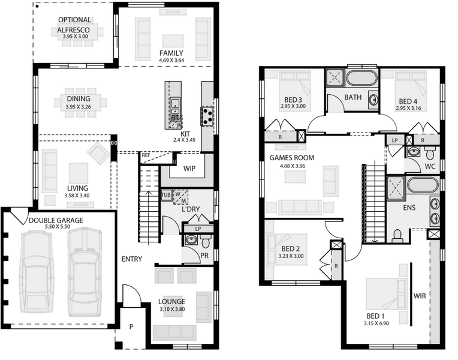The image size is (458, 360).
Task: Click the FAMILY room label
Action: (x=171, y=53)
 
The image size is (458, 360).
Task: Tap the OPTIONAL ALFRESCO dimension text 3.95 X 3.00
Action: (x=76, y=37)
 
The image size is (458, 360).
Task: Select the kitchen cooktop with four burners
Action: (x=207, y=116)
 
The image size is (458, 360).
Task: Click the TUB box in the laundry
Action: (x=166, y=195)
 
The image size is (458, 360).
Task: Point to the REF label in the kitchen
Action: (x=146, y=155)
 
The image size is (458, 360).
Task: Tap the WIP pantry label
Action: (x=189, y=169)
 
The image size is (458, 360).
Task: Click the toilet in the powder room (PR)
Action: (x=206, y=241)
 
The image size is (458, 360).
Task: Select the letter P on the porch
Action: (x=131, y=326)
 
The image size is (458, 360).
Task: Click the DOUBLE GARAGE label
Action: (x=56, y=220)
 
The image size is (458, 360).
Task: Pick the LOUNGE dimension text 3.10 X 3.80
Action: (x=172, y=309)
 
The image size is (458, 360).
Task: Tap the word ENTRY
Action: (x=132, y=259)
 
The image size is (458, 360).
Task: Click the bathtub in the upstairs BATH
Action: (x=361, y=79)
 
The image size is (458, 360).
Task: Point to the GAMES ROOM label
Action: (x=292, y=158)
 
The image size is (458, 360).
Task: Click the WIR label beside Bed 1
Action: (x=420, y=296)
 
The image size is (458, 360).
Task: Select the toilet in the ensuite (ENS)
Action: (x=397, y=235)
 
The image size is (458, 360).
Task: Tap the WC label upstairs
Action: (x=430, y=166)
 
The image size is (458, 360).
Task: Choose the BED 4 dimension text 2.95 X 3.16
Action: (x=408, y=108)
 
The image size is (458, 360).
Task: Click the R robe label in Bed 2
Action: (x=336, y=266)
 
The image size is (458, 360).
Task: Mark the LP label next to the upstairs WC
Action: (x=395, y=140)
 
